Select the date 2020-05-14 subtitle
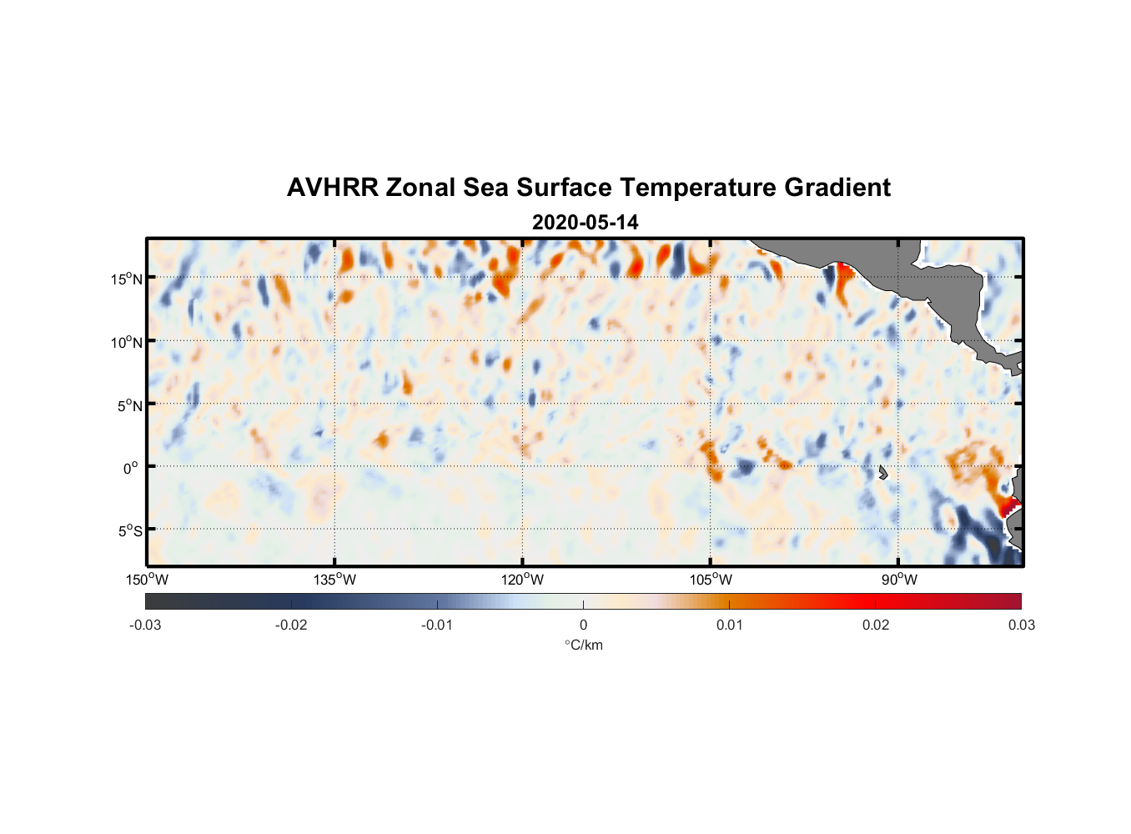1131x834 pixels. coord(585,223)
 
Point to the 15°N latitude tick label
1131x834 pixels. coord(126,279)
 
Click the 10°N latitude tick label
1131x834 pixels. coord(126,342)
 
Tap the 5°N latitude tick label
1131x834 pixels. coord(128,405)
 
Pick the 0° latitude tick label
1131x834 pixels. coord(131,468)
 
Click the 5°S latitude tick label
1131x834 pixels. coord(128,531)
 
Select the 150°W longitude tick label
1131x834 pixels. coord(147,580)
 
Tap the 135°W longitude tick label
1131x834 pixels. coord(334,580)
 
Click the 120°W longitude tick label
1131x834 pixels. coord(522,580)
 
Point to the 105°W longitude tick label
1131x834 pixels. coord(711,580)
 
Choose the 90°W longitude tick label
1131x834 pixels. coord(898,580)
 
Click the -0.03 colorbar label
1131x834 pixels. coord(145,625)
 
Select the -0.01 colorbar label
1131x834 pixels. coord(437,625)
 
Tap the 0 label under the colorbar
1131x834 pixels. coord(583,625)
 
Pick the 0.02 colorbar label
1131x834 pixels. coord(875,625)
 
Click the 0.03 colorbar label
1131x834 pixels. coord(1021,625)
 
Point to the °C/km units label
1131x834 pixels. coord(583,645)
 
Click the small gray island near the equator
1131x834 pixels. coord(882,473)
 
